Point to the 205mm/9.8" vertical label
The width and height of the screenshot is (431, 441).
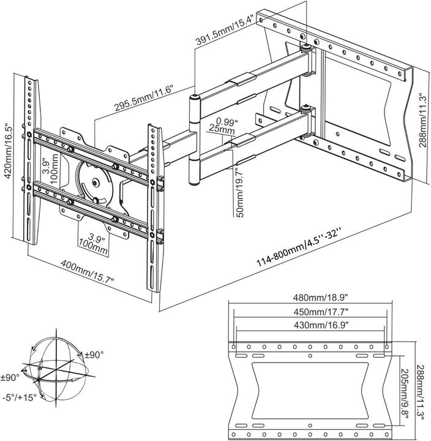(x=406, y=391)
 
